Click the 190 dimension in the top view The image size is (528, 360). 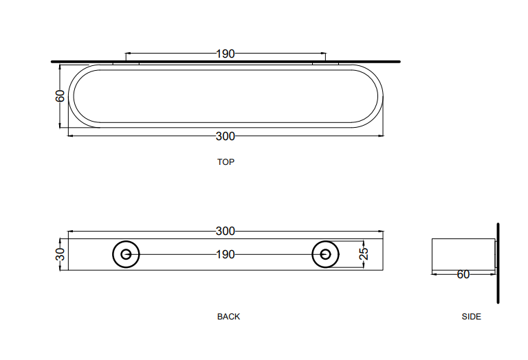225,54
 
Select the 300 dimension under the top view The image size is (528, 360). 225,136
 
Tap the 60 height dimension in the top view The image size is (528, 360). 60,95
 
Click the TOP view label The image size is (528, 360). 225,162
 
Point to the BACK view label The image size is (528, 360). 228,317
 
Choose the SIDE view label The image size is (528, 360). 472,317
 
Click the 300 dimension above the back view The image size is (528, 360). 225,231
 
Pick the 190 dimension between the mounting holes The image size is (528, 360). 225,254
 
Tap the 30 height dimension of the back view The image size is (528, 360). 60,254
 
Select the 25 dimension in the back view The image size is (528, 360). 364,254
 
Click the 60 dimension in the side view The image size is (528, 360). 463,274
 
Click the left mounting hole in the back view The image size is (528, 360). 126,254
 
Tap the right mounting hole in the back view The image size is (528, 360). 324,254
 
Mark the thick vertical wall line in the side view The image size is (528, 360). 498,263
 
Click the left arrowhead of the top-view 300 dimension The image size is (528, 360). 70,136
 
